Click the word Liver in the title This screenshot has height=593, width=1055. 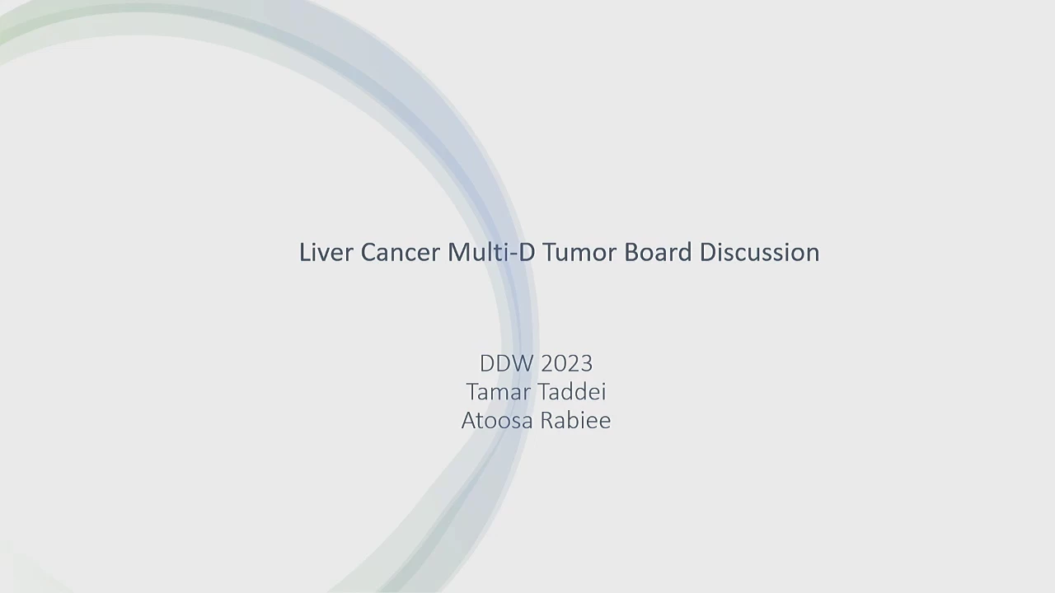coord(326,252)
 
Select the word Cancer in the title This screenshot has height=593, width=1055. coord(401,252)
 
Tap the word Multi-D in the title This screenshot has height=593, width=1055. coord(491,252)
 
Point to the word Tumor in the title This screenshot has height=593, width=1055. coord(579,252)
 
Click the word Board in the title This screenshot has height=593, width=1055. coord(658,252)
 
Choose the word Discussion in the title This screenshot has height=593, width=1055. coord(760,252)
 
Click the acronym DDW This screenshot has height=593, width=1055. coord(506,363)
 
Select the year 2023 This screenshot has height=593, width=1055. coord(566,363)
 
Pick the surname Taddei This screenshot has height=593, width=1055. coord(572,391)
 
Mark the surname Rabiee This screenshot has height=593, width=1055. coord(576,420)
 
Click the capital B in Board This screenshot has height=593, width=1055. coord(631,252)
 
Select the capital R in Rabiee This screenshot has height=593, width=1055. coord(548,420)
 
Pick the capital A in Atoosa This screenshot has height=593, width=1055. coord(470,420)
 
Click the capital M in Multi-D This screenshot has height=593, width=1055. coord(459,252)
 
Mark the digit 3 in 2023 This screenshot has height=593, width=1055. coord(587,363)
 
